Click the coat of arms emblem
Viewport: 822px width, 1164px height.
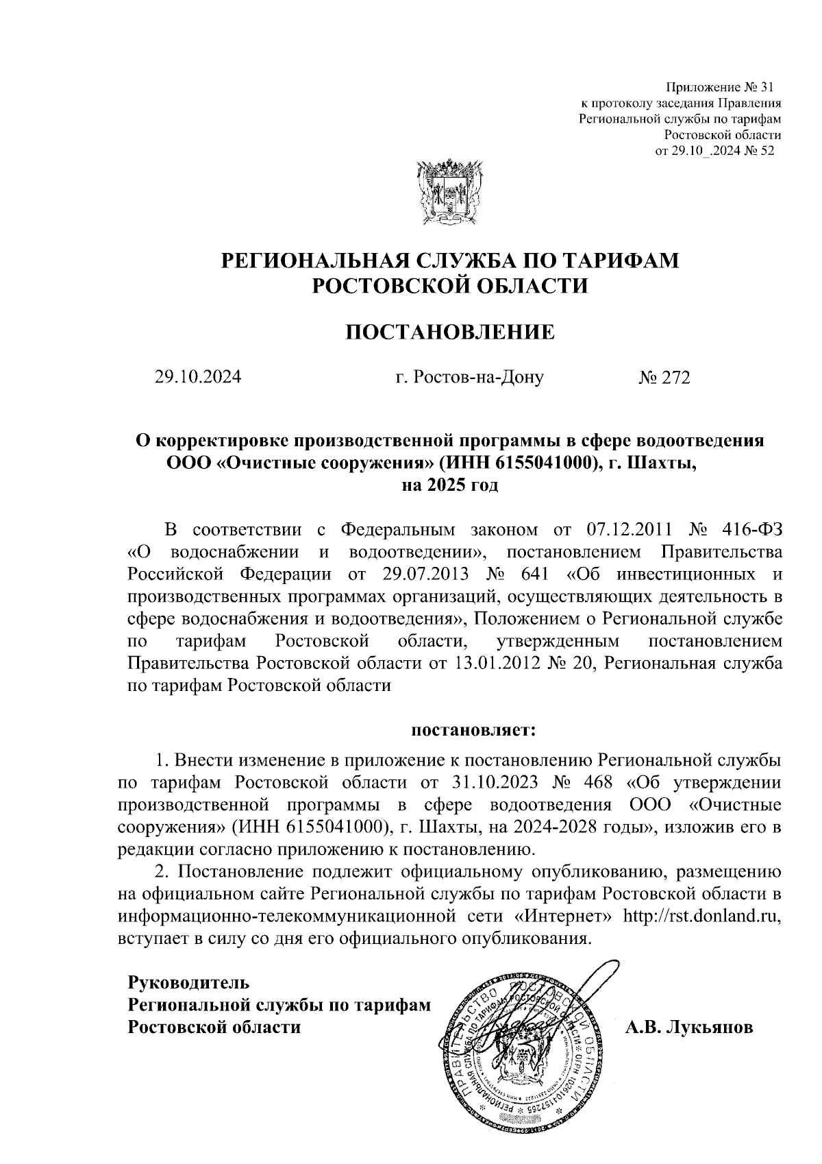coord(443,193)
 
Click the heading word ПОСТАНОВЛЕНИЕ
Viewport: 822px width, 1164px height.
coord(449,332)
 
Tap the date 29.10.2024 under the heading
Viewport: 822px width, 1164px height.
coord(198,377)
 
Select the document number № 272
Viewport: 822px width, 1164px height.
coord(664,377)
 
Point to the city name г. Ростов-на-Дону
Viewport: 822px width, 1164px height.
coord(470,377)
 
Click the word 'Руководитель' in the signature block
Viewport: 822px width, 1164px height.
coord(189,982)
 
